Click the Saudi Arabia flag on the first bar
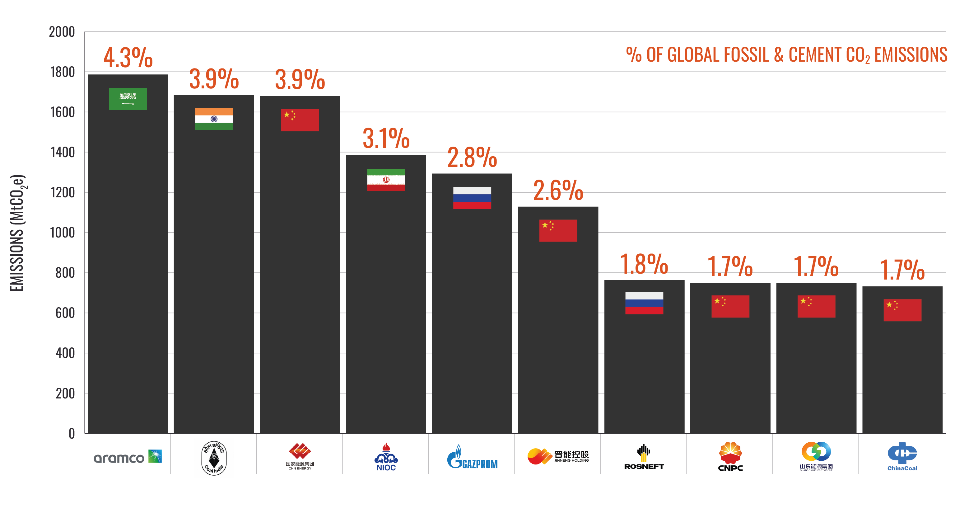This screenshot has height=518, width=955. coord(128,99)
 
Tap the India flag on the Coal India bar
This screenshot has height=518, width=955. coord(214,119)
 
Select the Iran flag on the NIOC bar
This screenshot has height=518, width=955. coord(386,180)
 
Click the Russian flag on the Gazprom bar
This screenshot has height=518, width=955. coord(472,198)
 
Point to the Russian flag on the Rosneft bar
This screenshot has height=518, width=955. coord(644,303)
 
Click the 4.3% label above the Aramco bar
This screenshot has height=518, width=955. coord(128,58)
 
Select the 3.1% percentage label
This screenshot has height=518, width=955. coord(386,138)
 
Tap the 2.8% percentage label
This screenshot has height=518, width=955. coord(472,157)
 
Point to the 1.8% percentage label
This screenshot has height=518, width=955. coord(644,264)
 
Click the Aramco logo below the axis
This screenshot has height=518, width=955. coord(128,457)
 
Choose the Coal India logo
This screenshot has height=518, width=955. coord(214,458)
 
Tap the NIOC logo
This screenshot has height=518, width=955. coord(386,457)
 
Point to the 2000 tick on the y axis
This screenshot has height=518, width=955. coord(62,32)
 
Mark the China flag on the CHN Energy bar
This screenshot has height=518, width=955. coord(300,120)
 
